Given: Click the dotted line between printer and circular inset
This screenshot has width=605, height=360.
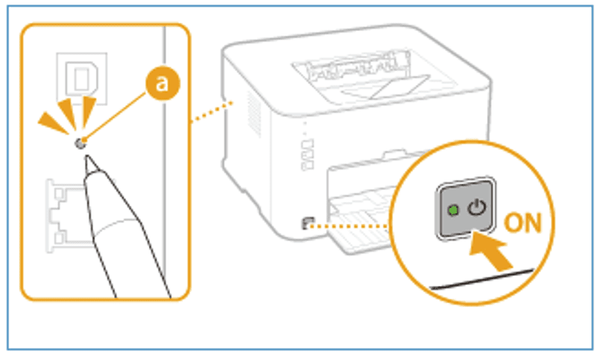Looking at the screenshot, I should click(x=352, y=224).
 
